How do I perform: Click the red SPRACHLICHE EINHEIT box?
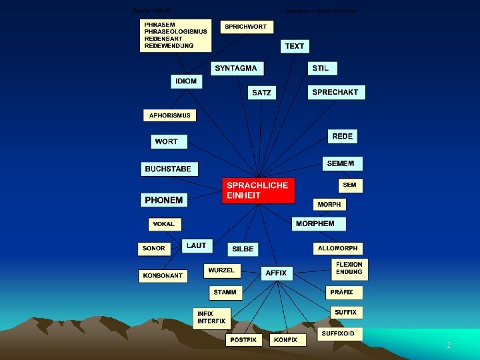[258, 190]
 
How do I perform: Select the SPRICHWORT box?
[245, 27]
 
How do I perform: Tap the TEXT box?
[294, 46]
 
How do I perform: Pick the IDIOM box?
[186, 81]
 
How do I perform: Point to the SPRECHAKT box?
[336, 93]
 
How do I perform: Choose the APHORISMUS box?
[169, 115]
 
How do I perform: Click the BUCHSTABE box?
[169, 169]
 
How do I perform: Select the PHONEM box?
[163, 199]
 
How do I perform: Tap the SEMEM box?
[341, 163]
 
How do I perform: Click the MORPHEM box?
[319, 223]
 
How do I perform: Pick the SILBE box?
[243, 249]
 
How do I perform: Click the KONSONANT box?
[161, 275]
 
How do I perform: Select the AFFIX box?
[276, 273]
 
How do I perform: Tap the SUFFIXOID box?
[342, 333]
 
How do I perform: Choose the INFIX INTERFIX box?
[211, 317]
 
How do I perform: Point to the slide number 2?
[449, 345]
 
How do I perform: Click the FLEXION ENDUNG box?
[349, 269]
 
